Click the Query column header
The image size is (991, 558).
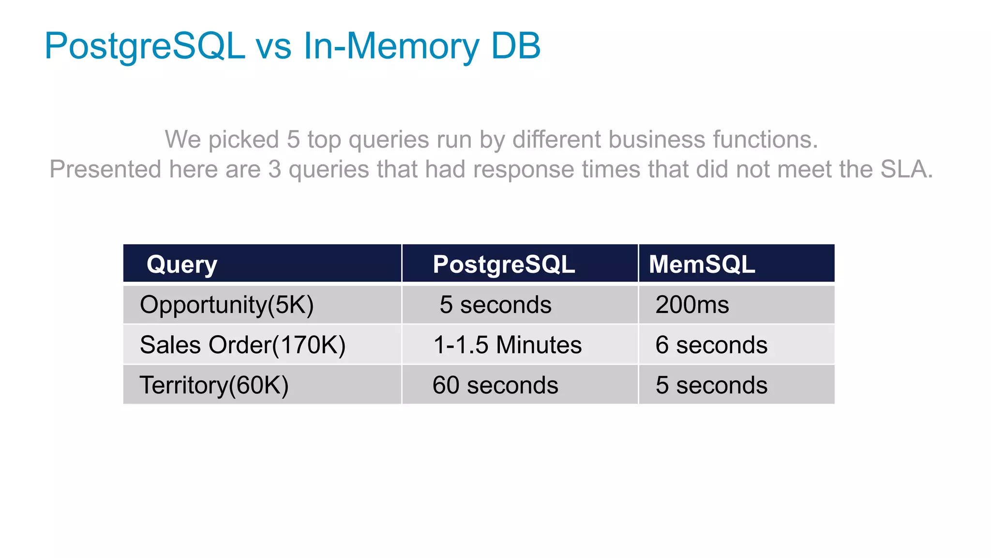[182, 264]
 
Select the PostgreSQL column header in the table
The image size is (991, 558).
[504, 264]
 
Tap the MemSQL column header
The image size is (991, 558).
[702, 264]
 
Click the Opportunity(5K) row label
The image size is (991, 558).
[226, 305]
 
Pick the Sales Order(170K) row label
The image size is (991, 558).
[242, 345]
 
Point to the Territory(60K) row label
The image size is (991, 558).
[214, 386]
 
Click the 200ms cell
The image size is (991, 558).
[692, 305]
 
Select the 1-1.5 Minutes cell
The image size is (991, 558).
[507, 345]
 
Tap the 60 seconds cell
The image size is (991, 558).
[495, 386]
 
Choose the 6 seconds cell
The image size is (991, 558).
[711, 345]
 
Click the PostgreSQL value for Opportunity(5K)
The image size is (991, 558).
[495, 305]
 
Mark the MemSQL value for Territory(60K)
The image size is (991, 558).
[711, 386]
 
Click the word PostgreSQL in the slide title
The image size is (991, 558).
[145, 46]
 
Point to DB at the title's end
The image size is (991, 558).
[516, 46]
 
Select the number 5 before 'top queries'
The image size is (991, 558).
[293, 139]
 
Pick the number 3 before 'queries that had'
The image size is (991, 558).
[274, 170]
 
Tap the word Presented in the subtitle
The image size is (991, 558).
[105, 170]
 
